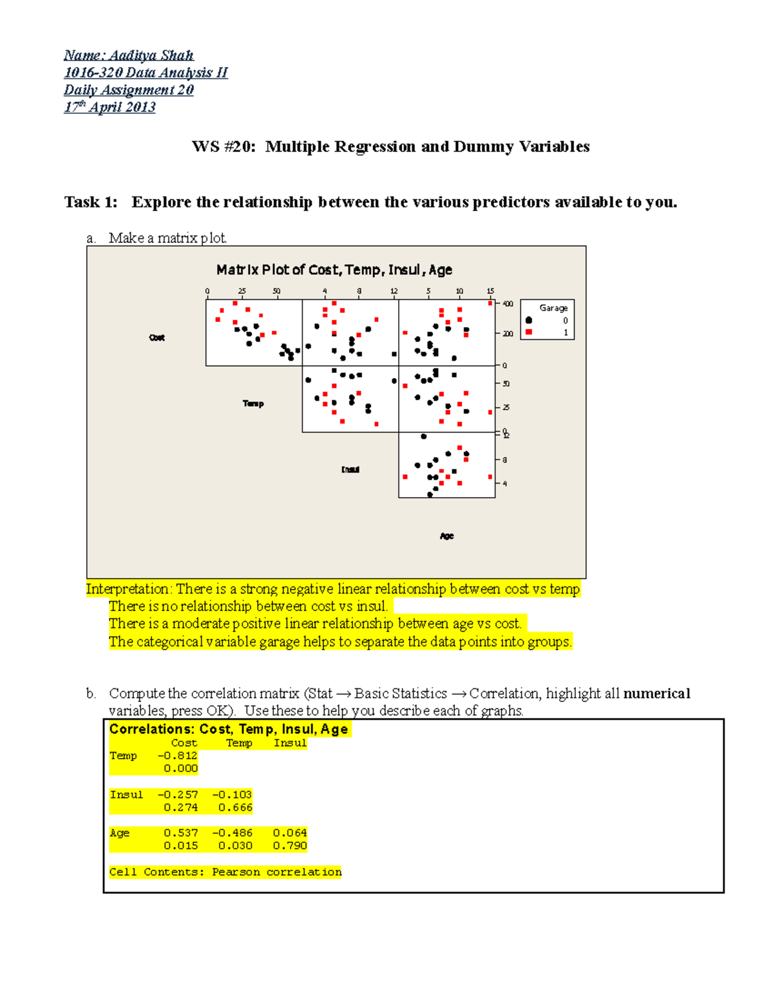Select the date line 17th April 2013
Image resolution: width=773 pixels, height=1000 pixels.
point(110,107)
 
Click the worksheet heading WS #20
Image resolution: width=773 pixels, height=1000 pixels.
point(224,147)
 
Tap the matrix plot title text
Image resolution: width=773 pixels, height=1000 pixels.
point(334,270)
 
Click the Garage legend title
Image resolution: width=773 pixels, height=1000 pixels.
point(553,308)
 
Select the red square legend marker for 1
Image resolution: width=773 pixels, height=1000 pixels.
point(529,332)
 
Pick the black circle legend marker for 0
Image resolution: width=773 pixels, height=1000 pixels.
point(529,320)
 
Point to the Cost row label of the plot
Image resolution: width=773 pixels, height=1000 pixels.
point(157,337)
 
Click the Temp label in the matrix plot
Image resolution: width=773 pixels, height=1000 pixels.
point(253,404)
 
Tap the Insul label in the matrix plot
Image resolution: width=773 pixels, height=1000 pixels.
point(350,469)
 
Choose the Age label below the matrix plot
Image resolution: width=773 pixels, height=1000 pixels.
point(446,536)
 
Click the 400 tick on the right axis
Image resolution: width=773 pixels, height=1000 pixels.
point(508,304)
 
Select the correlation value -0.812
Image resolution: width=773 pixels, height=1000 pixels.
point(178,756)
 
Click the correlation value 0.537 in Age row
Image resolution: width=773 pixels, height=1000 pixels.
point(181,833)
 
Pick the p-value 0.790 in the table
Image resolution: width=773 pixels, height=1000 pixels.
point(290,845)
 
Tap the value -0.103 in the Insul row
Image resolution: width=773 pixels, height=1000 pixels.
point(233,795)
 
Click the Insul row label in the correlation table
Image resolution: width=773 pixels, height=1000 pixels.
point(126,795)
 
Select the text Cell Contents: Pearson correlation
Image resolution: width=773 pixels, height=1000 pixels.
point(225,872)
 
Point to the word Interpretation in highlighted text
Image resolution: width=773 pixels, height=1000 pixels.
point(128,589)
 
